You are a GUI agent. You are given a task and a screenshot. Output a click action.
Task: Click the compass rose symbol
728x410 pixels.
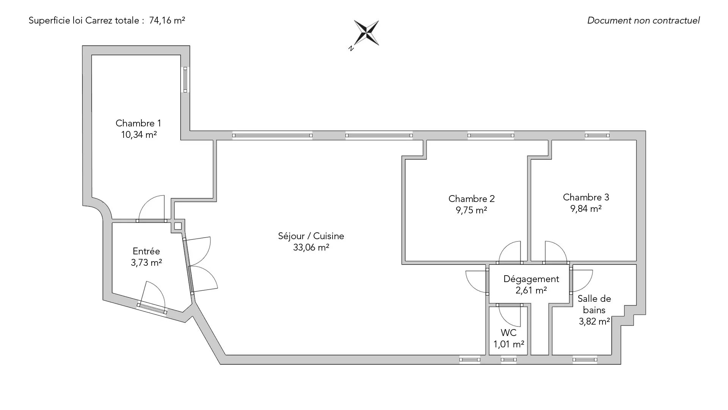366,33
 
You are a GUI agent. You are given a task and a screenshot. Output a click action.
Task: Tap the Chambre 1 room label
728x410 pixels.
138,123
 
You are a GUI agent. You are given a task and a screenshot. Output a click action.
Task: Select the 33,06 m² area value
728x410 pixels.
311,248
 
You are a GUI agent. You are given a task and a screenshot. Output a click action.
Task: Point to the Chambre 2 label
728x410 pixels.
471,199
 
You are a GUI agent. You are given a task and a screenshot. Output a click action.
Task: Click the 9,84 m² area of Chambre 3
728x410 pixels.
586,208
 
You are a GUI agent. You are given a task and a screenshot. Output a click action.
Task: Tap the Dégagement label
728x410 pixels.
531,279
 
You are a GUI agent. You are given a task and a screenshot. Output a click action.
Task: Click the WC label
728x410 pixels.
508,333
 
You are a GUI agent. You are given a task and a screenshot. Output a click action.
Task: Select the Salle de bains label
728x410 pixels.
594,304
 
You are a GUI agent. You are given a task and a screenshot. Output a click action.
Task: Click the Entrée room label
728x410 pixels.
146,251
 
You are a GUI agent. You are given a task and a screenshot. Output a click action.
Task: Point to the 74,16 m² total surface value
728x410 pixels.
167,20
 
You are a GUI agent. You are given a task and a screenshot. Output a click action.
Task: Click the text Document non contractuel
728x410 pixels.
643,20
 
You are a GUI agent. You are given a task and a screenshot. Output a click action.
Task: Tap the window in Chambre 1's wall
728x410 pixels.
185,80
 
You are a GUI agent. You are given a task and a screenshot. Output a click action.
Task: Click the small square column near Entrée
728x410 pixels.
178,226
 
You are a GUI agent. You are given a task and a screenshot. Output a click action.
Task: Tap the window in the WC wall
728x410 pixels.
508,360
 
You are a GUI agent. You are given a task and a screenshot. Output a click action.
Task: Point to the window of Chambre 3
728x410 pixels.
597,135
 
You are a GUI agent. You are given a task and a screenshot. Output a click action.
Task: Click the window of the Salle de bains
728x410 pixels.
585,360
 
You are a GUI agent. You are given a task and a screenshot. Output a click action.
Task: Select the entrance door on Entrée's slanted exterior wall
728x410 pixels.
152,308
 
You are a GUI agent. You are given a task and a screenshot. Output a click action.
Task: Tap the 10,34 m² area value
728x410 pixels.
139,135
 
